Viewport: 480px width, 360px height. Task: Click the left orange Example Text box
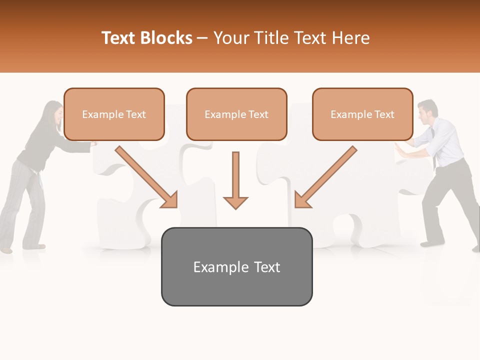114,114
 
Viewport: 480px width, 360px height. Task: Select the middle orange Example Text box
236,114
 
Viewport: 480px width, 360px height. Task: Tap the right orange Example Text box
362,114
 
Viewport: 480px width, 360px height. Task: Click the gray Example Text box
236,266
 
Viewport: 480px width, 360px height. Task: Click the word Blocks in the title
165,38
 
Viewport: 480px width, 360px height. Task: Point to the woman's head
53,112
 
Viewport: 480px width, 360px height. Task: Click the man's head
427,111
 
